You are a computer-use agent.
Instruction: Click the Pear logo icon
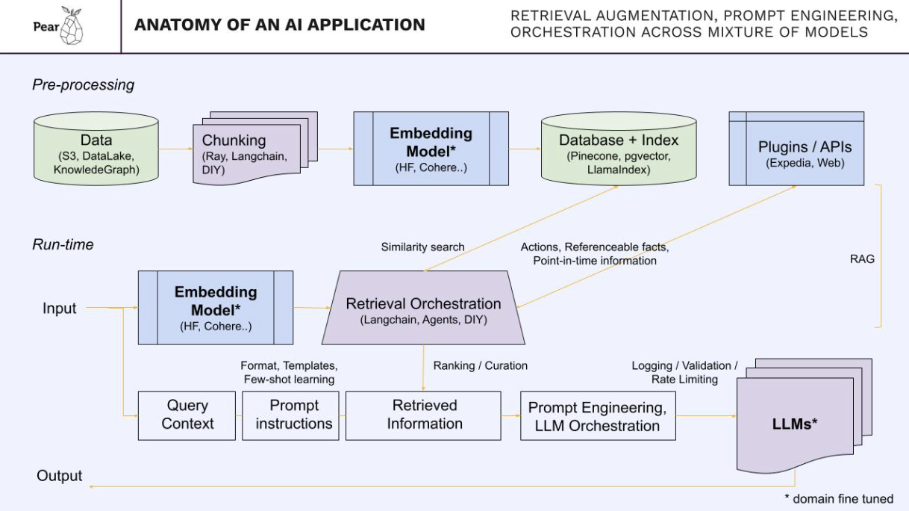72,26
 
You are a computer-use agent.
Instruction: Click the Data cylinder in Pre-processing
96,150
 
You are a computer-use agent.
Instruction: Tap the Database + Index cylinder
619,150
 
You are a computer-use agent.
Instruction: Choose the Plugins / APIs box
796,149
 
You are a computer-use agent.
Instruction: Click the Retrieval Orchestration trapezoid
423,309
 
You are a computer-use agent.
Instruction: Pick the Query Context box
187,415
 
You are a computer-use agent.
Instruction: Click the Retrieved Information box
424,415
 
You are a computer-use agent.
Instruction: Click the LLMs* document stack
796,422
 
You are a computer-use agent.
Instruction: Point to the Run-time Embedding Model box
216,307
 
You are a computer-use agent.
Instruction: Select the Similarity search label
422,247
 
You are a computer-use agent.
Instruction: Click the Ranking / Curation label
480,365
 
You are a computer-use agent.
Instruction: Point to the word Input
59,308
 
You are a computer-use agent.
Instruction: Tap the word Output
60,476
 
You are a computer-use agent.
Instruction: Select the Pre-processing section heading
83,84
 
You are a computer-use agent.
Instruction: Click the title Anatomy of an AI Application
279,25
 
